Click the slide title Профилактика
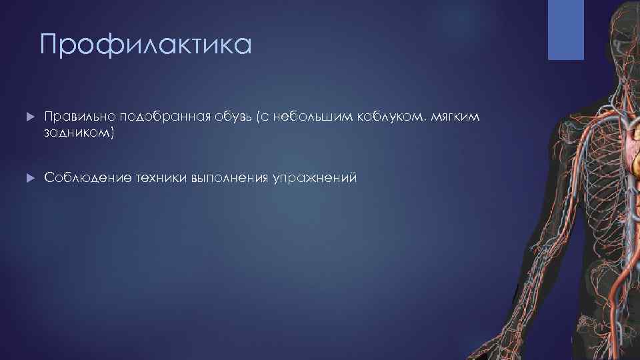point(145,45)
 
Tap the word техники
point(161,178)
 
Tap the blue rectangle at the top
point(565,30)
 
